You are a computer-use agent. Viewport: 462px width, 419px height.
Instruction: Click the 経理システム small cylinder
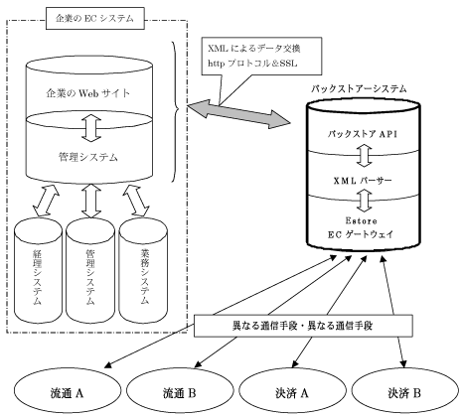[x=39, y=262]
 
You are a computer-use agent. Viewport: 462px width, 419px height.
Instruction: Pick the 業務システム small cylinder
[x=143, y=262]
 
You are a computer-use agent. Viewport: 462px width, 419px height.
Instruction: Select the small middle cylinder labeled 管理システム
[x=91, y=262]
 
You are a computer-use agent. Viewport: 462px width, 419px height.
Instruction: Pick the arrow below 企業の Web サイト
[x=94, y=126]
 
